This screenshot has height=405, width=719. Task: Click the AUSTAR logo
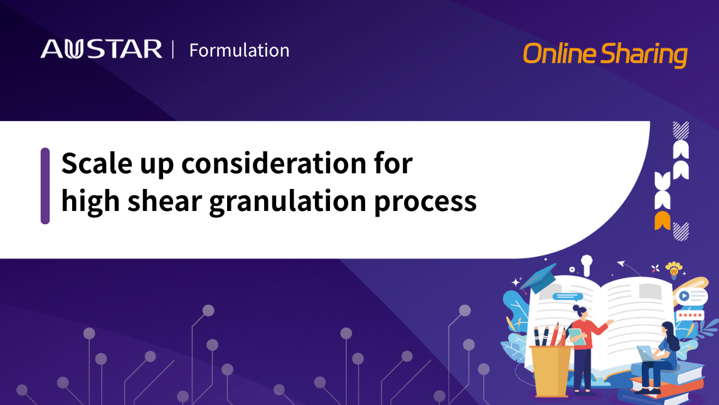point(102,49)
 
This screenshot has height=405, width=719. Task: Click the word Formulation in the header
point(240,50)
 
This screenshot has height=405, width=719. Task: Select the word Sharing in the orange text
point(644,55)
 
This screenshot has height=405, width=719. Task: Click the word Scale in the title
point(97,163)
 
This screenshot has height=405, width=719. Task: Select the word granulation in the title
point(287,202)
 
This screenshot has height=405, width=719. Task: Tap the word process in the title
point(425,202)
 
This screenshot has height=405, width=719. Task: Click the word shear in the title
point(164,201)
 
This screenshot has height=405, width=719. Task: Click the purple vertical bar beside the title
point(45,186)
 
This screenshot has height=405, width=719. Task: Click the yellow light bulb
point(674,270)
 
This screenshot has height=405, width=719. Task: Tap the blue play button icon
point(684,296)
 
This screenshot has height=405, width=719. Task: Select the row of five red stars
point(690,315)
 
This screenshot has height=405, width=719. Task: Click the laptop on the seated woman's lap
point(646,354)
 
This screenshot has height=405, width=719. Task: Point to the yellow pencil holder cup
point(550,370)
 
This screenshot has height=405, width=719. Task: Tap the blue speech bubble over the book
point(568,297)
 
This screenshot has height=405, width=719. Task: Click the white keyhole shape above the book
point(587,264)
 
